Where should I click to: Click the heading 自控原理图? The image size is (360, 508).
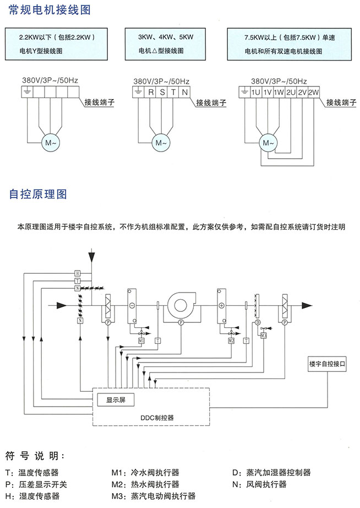click(x=38, y=194)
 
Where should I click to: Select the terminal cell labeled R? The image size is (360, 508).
click(x=150, y=92)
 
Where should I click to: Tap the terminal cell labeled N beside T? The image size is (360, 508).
click(x=185, y=92)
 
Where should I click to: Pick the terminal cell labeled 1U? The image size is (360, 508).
click(x=255, y=92)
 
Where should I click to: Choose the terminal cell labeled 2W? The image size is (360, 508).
click(x=314, y=92)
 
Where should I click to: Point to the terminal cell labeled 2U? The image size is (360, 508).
click(x=291, y=92)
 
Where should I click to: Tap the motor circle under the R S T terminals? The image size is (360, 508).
click(x=161, y=143)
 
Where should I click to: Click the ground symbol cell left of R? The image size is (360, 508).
click(x=139, y=92)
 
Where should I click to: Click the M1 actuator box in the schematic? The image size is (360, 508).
click(x=141, y=341)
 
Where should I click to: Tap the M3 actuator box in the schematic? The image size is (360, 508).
click(x=263, y=335)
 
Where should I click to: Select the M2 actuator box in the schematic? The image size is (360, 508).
click(x=231, y=341)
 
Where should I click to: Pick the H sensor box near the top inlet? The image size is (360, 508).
click(x=78, y=273)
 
